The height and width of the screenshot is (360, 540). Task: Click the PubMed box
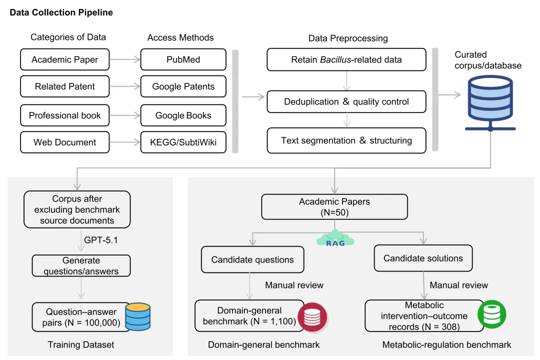tap(183, 59)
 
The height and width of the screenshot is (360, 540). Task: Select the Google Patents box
tap(183, 86)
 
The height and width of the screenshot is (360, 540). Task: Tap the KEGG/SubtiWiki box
tap(183, 142)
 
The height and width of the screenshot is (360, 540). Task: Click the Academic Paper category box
tap(64, 59)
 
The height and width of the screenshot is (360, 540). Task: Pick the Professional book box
tap(64, 115)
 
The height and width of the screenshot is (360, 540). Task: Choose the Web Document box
tap(64, 142)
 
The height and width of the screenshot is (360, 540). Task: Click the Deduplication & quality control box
tap(346, 101)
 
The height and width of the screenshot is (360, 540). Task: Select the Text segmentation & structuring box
tap(346, 140)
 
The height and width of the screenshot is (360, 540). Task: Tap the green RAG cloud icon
tap(335, 238)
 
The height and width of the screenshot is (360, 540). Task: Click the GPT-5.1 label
tap(101, 240)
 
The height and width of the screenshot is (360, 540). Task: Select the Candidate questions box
tap(252, 259)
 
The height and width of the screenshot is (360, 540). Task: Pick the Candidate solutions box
tap(423, 258)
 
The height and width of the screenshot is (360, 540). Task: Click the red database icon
tap(312, 317)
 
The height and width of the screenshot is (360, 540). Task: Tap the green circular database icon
tap(492, 314)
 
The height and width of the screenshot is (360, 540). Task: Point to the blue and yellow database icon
tap(138, 316)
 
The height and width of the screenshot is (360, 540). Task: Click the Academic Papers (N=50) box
tap(334, 206)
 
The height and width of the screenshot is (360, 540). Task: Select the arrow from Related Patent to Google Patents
tap(125, 86)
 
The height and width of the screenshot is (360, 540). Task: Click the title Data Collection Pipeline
tap(61, 12)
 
